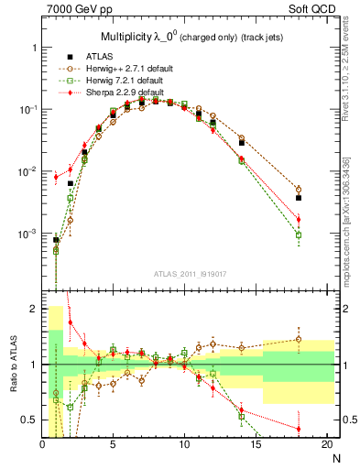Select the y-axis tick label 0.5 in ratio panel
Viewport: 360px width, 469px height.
point(28,420)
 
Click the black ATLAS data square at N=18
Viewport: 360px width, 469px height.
point(299,197)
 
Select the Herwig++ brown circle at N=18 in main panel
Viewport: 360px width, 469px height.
point(299,190)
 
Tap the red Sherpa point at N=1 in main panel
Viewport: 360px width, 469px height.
point(56,177)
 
